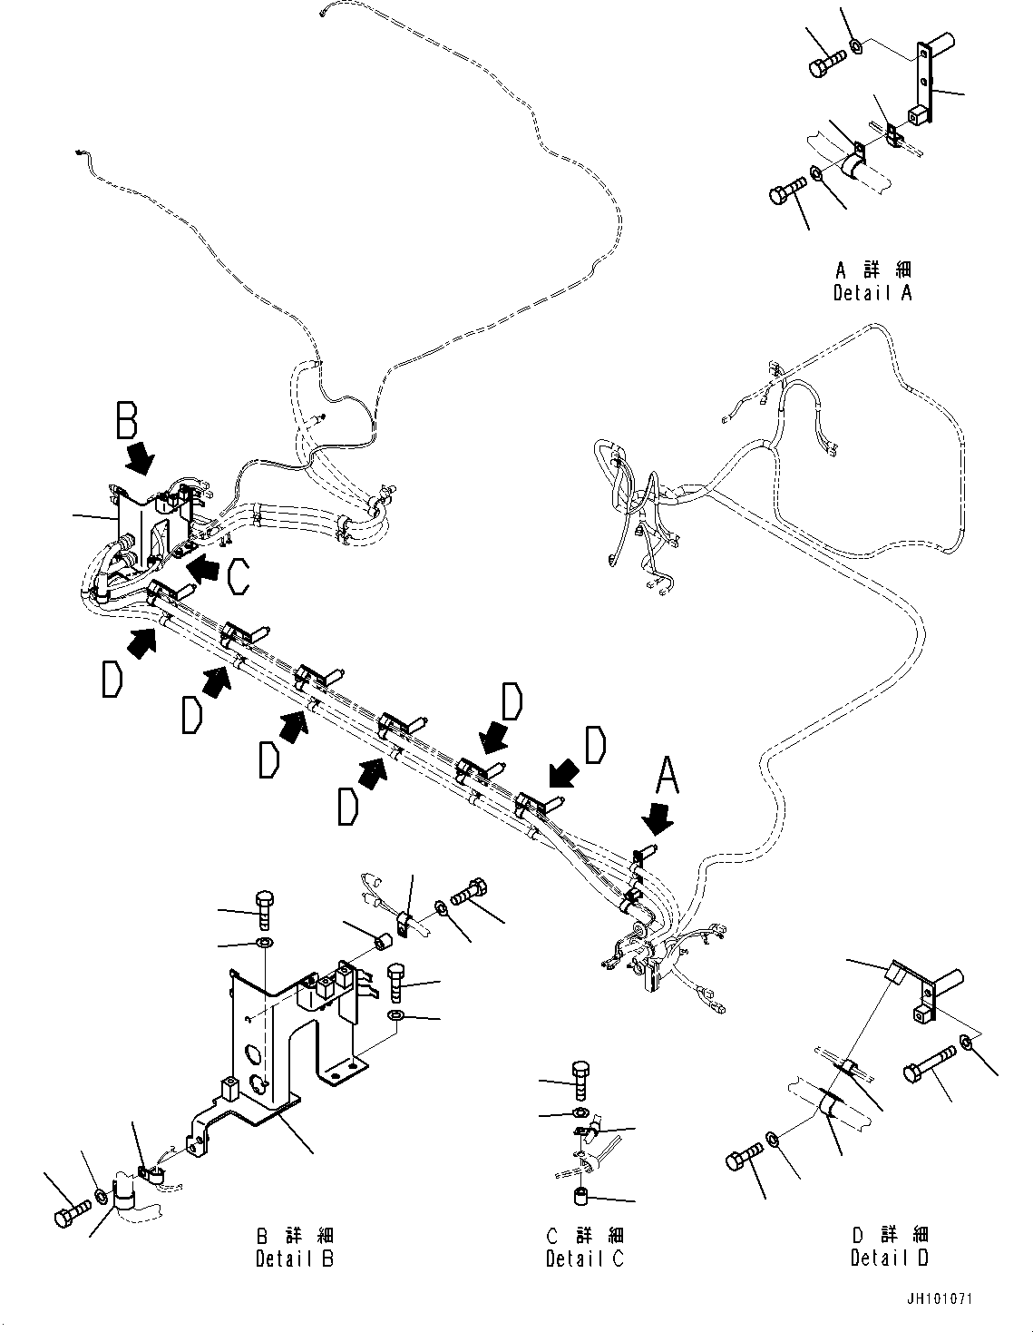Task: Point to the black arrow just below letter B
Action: click(141, 458)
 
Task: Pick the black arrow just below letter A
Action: click(658, 820)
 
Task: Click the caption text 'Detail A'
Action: click(872, 293)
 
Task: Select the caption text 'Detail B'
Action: click(294, 1259)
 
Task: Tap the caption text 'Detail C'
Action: click(585, 1259)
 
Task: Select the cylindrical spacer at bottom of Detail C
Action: click(581, 1198)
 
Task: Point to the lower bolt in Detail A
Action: click(788, 191)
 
